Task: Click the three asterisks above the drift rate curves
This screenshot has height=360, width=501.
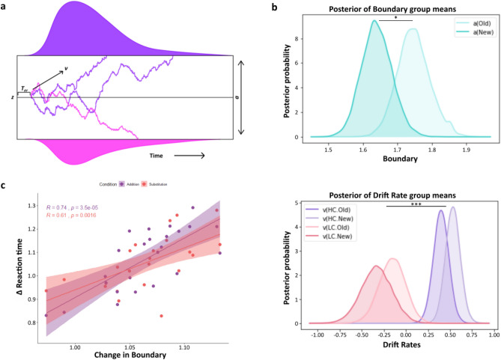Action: point(416,203)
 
